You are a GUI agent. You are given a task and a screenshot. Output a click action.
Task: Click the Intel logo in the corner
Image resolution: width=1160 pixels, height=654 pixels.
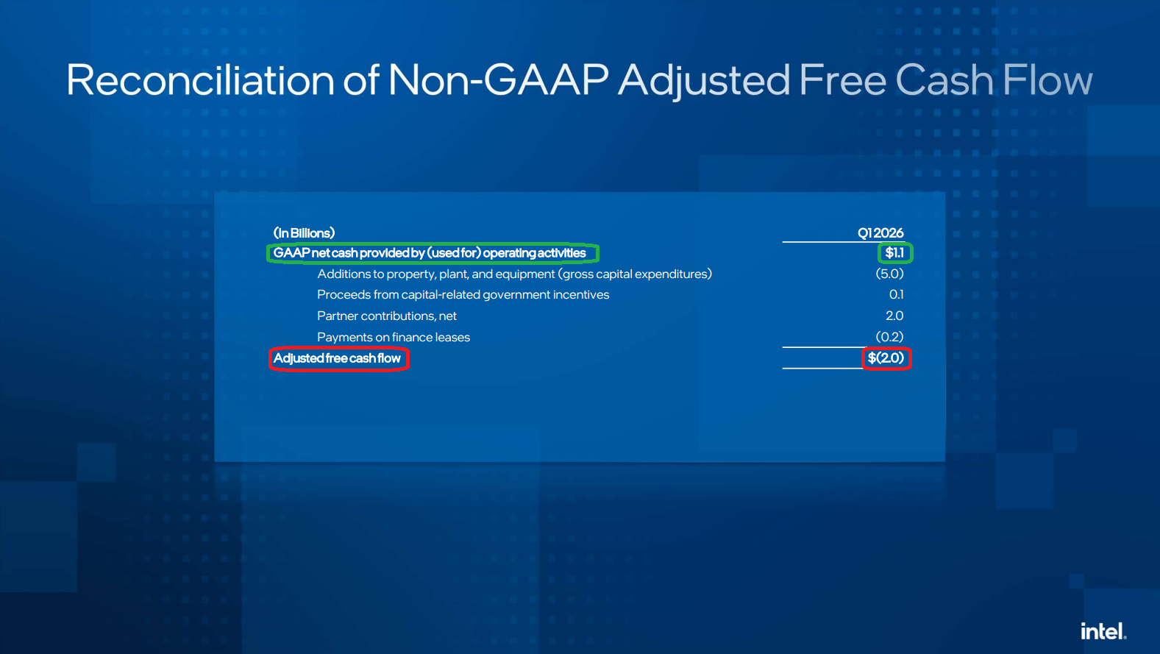click(1103, 630)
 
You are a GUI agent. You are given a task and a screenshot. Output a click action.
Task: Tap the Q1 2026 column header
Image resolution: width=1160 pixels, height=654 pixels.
click(880, 233)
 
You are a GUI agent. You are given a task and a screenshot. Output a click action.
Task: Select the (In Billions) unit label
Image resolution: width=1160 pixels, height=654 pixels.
click(304, 233)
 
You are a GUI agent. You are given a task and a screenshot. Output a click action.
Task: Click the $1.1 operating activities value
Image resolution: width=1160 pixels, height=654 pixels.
click(894, 252)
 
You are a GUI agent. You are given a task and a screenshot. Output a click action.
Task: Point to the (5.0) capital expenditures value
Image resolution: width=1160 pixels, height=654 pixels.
click(890, 274)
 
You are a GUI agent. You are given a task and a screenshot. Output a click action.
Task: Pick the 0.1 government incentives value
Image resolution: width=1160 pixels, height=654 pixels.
click(897, 295)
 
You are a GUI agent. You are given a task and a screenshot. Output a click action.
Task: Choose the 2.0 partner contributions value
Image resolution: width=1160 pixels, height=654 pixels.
click(894, 316)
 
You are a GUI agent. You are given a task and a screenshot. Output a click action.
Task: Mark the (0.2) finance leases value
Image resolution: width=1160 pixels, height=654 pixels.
click(890, 337)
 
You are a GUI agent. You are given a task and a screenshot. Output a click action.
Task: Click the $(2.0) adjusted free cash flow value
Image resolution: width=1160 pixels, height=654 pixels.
click(886, 358)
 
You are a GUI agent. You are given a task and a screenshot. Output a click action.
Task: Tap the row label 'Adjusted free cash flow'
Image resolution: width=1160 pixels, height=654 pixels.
click(337, 358)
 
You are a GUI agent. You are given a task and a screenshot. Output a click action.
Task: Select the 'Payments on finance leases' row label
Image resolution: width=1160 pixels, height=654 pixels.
click(394, 337)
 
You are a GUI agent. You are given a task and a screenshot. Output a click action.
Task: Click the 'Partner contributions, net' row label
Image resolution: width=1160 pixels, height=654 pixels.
click(387, 316)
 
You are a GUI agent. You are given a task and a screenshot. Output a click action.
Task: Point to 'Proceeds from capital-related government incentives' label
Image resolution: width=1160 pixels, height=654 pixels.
click(463, 295)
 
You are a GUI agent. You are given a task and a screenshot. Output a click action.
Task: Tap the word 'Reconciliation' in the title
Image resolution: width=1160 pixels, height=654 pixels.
click(200, 79)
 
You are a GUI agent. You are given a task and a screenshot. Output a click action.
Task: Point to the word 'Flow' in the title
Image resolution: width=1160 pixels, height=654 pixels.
click(1047, 79)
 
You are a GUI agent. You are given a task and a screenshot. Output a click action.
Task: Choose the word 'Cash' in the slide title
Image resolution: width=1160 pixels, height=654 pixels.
click(944, 79)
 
